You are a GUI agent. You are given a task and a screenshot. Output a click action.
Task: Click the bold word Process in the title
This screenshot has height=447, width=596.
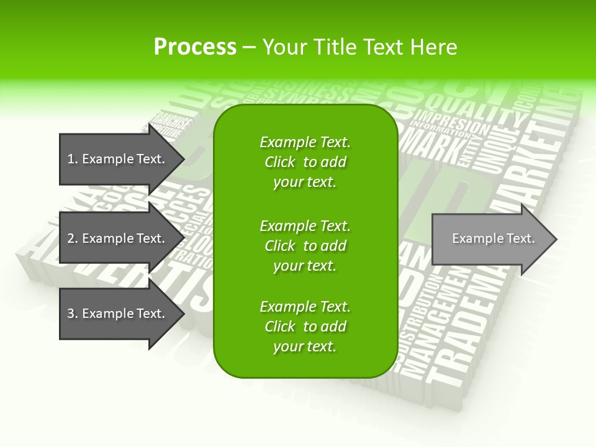coord(195,47)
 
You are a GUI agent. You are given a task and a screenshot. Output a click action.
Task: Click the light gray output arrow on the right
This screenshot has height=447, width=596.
coord(490,239)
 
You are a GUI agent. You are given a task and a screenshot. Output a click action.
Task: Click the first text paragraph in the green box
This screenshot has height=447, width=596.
coord(305,162)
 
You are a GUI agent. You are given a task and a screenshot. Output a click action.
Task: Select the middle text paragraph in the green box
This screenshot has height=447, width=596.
coord(305,246)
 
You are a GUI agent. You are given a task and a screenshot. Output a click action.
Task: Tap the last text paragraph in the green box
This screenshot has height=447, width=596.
coord(305,327)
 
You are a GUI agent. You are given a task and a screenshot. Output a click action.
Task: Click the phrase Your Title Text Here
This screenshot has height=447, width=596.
coord(360,47)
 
